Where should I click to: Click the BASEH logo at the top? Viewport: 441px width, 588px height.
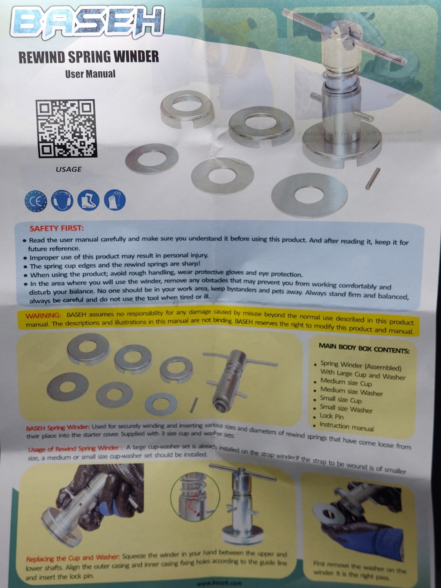pyautogui.click(x=87, y=23)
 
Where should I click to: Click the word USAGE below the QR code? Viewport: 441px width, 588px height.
pyautogui.click(x=69, y=170)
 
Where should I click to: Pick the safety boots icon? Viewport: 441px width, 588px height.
pyautogui.click(x=88, y=201)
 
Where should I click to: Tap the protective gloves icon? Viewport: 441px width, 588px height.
pyautogui.click(x=115, y=200)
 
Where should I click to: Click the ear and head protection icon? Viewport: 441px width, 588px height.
pyautogui.click(x=62, y=201)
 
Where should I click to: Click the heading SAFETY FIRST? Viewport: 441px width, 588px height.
pyautogui.click(x=57, y=228)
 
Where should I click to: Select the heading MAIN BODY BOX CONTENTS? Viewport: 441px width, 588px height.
pyautogui.click(x=364, y=348)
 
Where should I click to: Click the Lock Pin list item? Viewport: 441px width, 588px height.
pyautogui.click(x=331, y=416)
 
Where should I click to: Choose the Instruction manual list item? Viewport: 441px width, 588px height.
pyautogui.click(x=346, y=427)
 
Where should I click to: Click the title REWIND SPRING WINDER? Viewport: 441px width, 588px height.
pyautogui.click(x=89, y=57)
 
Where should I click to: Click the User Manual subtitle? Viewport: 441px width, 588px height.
pyautogui.click(x=90, y=74)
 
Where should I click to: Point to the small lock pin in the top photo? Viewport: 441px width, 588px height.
pyautogui.click(x=372, y=178)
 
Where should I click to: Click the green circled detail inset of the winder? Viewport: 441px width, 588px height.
pyautogui.click(x=195, y=497)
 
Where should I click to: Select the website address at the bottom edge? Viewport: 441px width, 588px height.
pyautogui.click(x=219, y=583)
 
